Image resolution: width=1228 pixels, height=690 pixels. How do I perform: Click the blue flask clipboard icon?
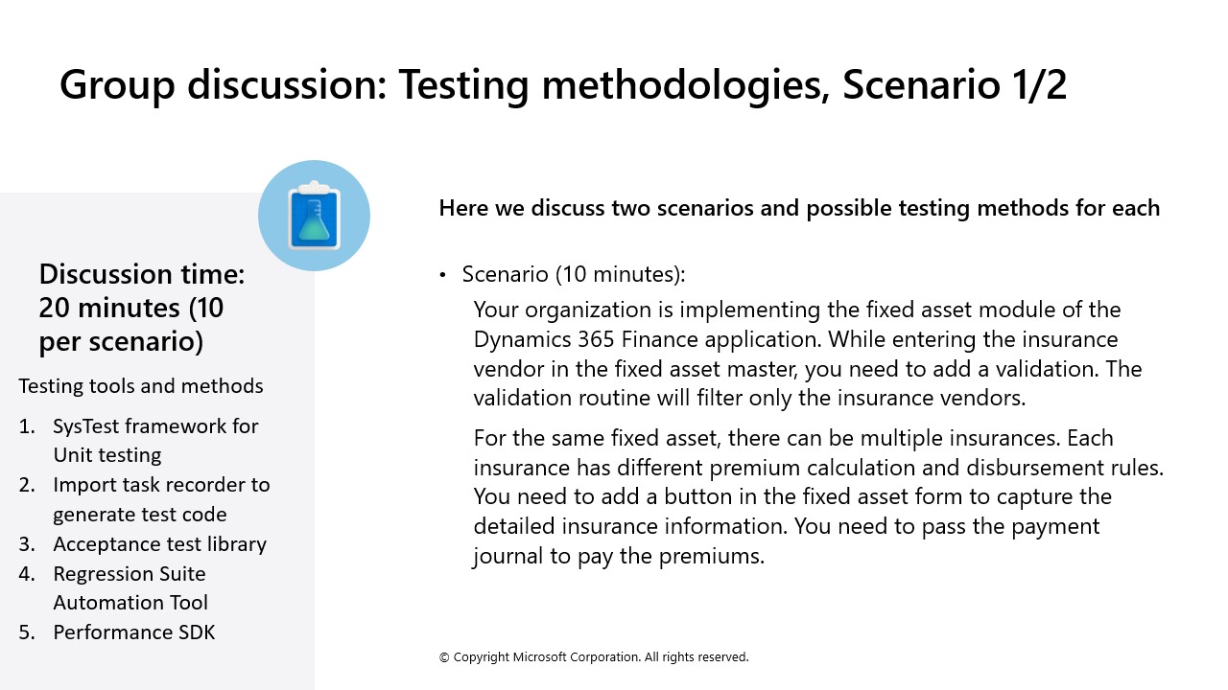(314, 216)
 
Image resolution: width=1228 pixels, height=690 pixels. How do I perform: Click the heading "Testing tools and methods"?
(141, 386)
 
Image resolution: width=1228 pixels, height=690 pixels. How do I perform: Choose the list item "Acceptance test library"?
(159, 544)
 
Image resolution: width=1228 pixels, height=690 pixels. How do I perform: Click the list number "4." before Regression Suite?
(27, 574)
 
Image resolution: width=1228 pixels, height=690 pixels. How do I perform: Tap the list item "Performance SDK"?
(134, 632)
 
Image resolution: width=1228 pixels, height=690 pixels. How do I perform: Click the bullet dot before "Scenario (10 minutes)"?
(443, 275)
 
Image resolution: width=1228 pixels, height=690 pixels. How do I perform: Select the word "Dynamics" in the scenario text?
(521, 339)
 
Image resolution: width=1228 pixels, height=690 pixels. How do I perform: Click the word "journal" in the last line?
(509, 556)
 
